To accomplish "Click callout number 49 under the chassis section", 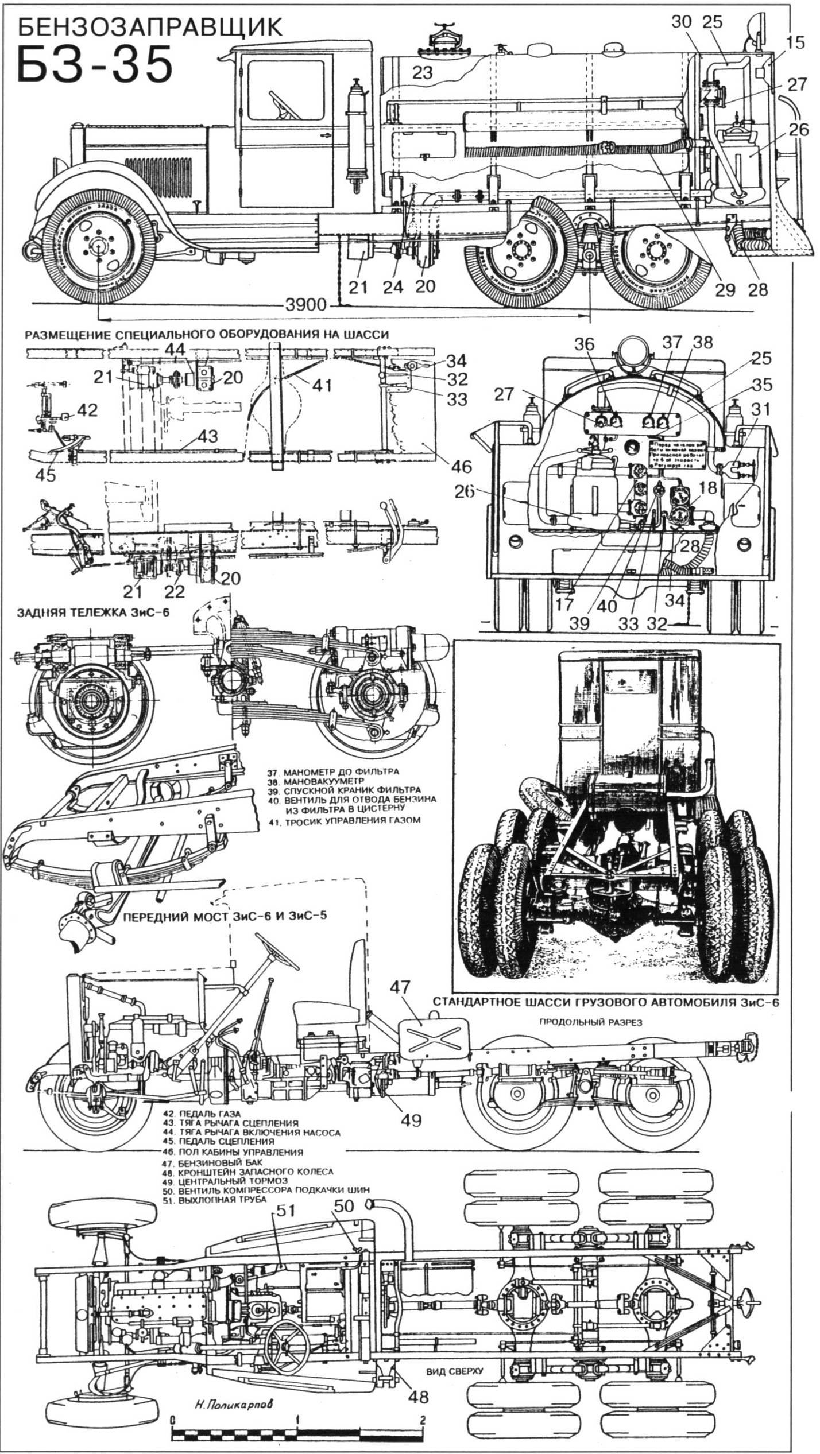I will (412, 1120).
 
